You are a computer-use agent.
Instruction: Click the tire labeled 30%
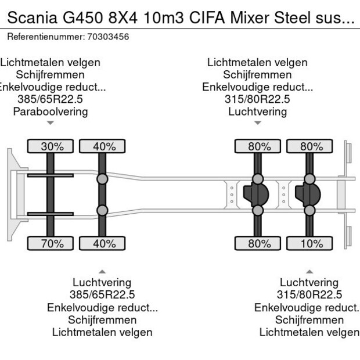[51, 146]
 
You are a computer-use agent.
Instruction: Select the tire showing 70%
[51, 243]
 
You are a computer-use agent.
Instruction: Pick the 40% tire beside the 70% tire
[103, 243]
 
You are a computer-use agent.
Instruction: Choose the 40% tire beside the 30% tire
[103, 146]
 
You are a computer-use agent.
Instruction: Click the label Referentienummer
[45, 37]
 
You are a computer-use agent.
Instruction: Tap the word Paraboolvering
[51, 111]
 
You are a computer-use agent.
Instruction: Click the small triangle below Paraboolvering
[51, 123]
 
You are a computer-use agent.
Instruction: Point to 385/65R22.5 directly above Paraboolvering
[51, 99]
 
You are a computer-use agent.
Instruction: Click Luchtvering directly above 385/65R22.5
[102, 283]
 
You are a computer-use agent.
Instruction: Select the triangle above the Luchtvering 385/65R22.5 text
[102, 271]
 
